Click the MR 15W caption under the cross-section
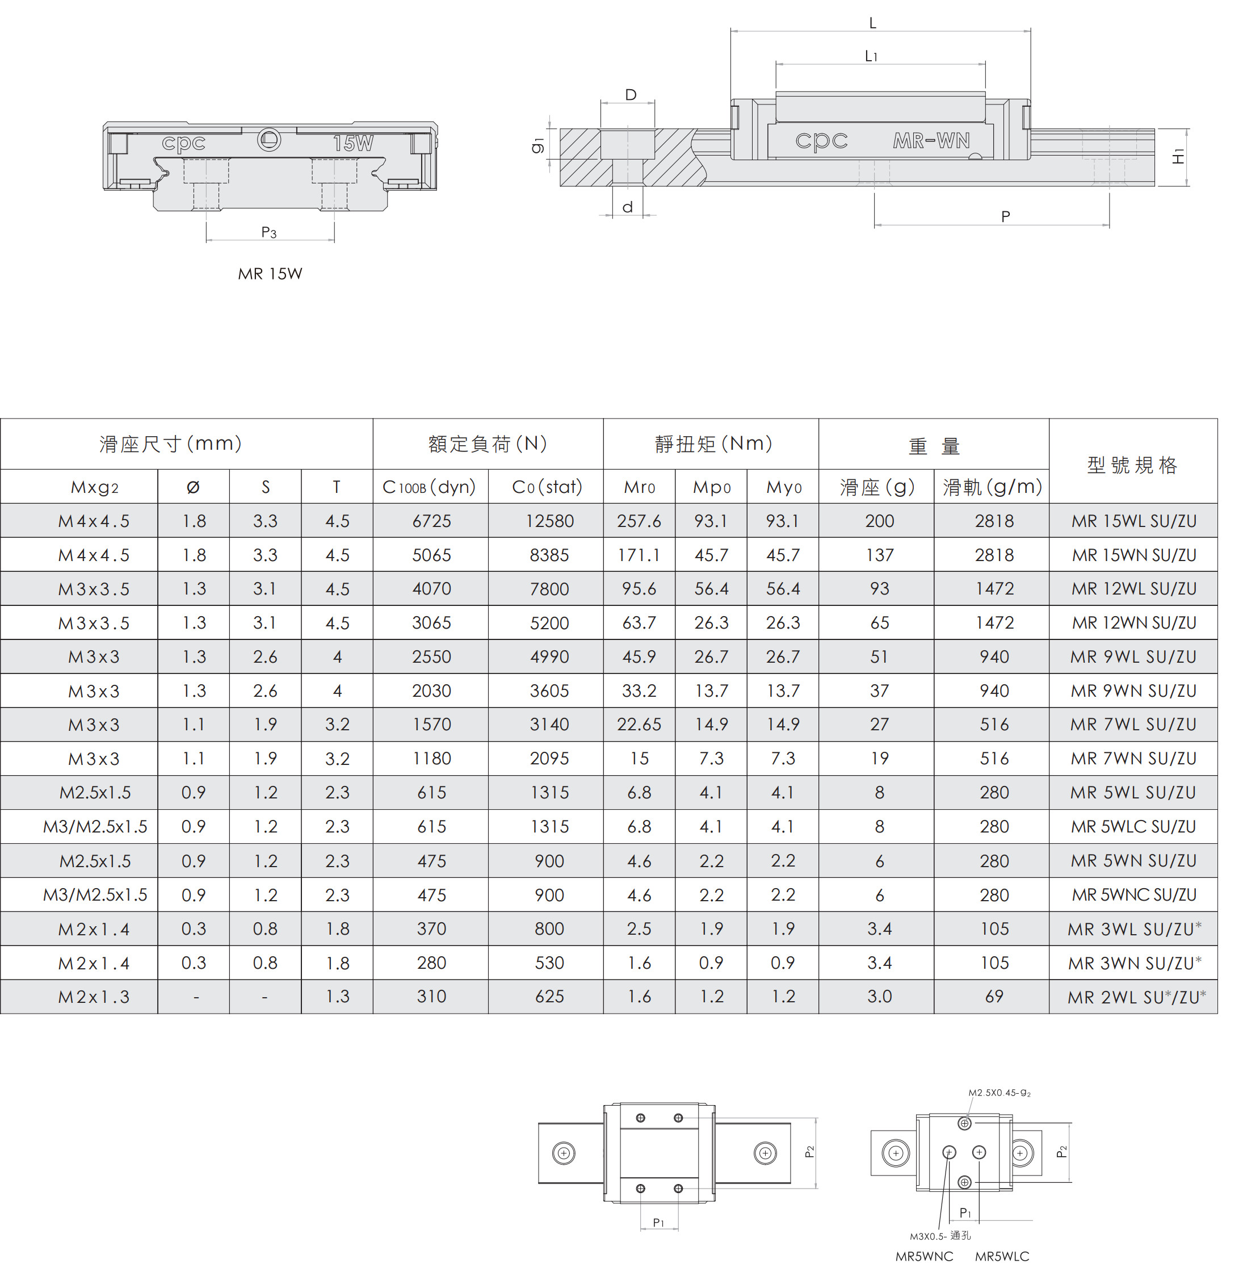[x=270, y=274]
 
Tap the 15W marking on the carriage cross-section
[x=353, y=143]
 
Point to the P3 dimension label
[x=269, y=232]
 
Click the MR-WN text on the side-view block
[x=931, y=140]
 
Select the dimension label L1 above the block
[x=872, y=56]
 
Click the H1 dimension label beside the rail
[x=1178, y=157]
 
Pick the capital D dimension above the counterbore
[x=631, y=95]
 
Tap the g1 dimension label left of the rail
[x=538, y=145]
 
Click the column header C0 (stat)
[x=547, y=487]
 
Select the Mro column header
[x=639, y=487]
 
